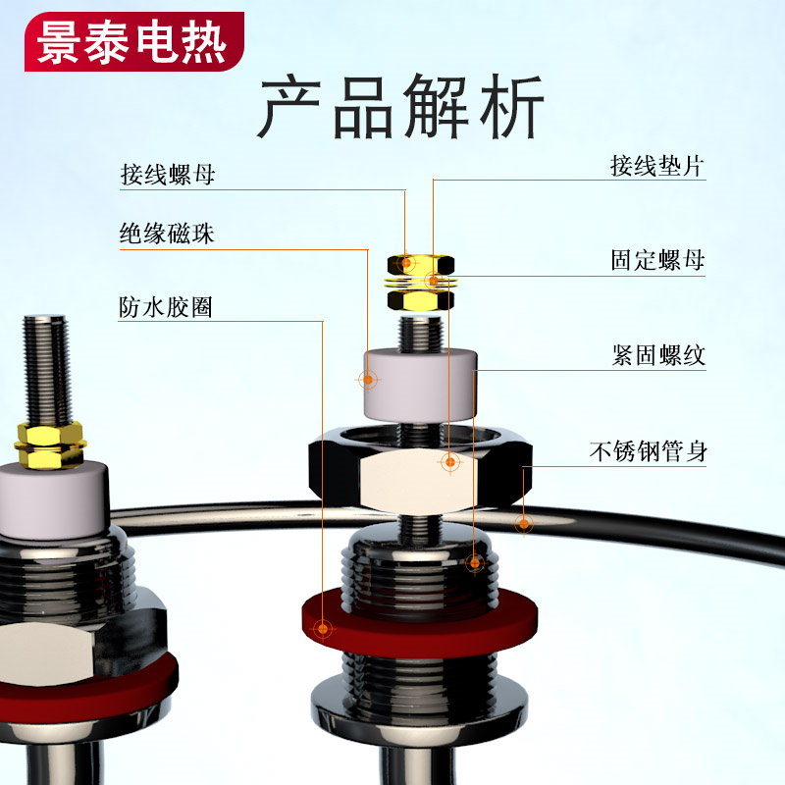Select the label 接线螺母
pos(167,175)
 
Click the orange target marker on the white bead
pos(368,380)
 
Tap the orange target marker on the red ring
pos(324,628)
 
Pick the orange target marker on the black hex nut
pos(450,461)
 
